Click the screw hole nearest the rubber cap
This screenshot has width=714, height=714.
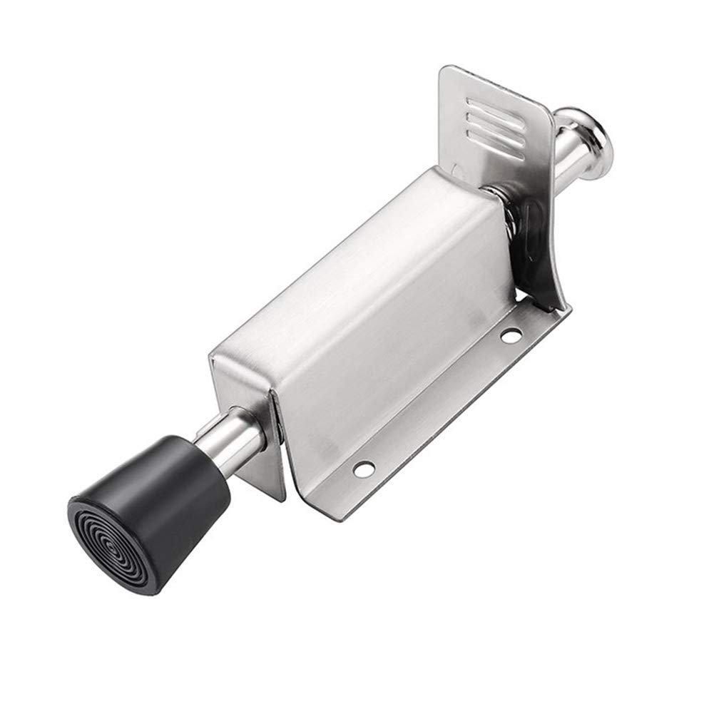(x=364, y=469)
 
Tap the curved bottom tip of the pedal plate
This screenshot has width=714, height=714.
(x=560, y=303)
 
